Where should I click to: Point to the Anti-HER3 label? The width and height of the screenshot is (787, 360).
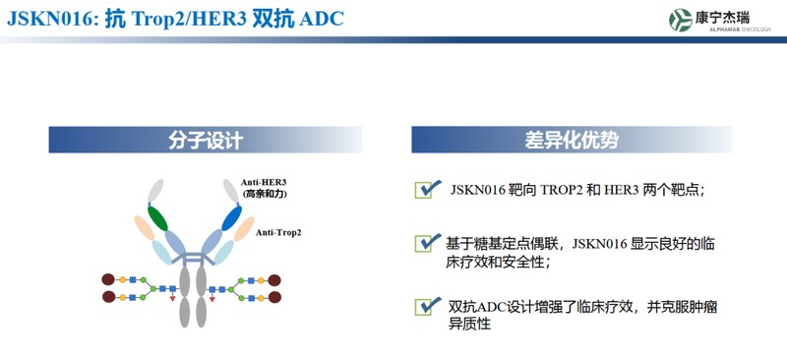point(263,183)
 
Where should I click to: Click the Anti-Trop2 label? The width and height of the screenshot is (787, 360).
point(278,233)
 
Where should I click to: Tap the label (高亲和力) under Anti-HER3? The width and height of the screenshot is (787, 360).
point(263,195)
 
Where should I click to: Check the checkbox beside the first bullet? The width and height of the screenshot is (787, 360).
point(426,189)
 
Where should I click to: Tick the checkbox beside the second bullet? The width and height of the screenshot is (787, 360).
point(426,242)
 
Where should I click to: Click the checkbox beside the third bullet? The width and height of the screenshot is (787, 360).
point(426,306)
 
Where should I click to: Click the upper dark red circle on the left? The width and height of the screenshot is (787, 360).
point(108,280)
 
